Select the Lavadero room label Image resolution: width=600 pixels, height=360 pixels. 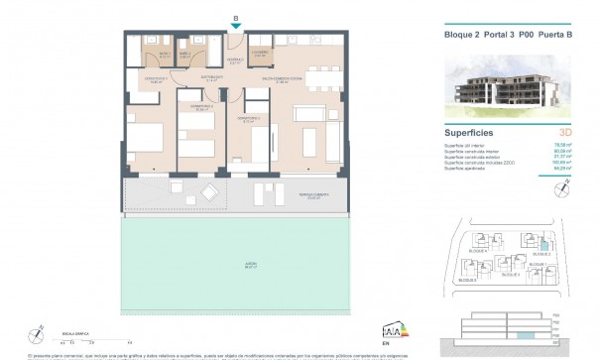259,55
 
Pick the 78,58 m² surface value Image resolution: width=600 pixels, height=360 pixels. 574,146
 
